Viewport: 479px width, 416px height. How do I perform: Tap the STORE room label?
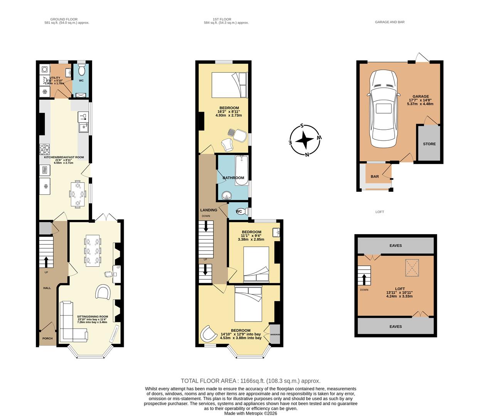click(x=429, y=144)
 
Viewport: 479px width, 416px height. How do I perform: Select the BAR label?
click(x=375, y=177)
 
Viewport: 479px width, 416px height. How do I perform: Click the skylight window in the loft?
click(x=412, y=268)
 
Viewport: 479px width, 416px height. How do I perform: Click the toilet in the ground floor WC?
click(x=81, y=71)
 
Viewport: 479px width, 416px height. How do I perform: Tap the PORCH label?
click(x=47, y=339)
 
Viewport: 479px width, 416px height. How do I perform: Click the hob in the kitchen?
click(x=44, y=149)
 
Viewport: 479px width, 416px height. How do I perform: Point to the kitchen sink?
click(x=83, y=127)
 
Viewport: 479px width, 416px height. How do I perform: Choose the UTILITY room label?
click(x=52, y=78)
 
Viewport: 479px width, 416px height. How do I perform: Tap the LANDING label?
click(x=208, y=210)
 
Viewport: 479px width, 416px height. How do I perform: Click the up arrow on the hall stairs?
click(x=46, y=262)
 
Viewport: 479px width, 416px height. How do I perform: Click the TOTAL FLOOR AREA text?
click(x=250, y=381)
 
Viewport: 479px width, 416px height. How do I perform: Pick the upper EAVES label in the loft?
click(x=395, y=246)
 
